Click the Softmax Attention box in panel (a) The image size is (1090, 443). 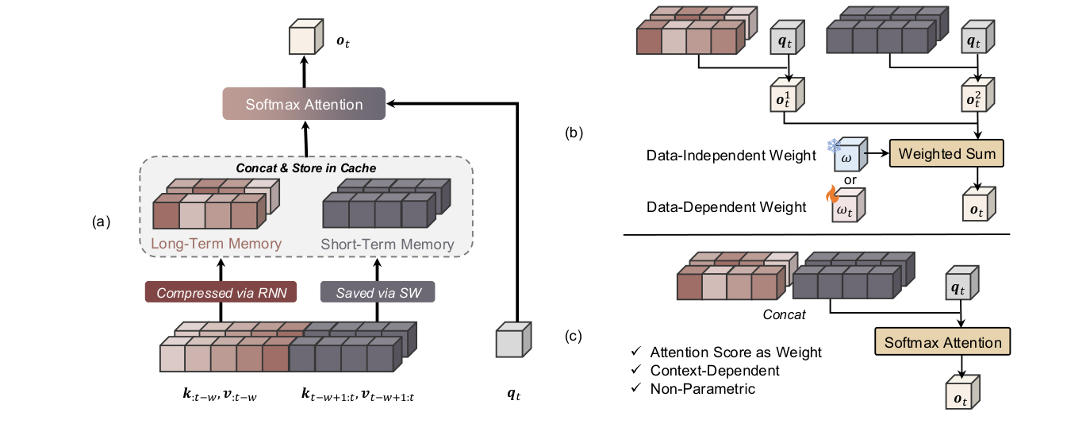coord(305,104)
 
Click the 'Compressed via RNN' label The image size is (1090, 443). coord(221,292)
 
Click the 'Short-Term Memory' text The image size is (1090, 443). coord(387,245)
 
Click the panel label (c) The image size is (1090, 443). coord(573,335)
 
